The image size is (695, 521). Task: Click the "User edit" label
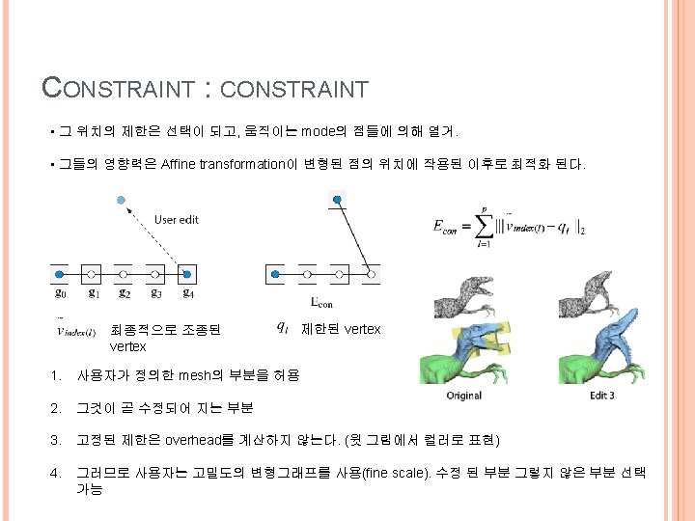tap(176, 220)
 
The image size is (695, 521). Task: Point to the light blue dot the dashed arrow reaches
tap(119, 201)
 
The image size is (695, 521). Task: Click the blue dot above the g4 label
tap(188, 275)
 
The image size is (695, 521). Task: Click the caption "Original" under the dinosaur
tap(463, 396)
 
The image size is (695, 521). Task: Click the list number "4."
tap(58, 472)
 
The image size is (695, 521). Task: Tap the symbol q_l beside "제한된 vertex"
tap(282, 328)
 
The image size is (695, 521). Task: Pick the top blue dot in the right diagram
tap(337, 201)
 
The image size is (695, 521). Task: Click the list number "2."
tap(58, 408)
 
